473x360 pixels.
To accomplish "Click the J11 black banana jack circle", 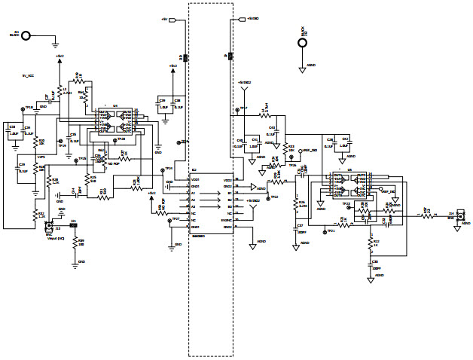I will tap(27, 35).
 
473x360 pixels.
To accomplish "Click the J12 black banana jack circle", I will tap(302, 41).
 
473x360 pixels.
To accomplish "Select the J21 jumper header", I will tap(73, 225).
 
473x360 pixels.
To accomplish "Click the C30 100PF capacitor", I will tap(371, 265).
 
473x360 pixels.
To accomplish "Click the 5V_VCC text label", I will tap(28, 75).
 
